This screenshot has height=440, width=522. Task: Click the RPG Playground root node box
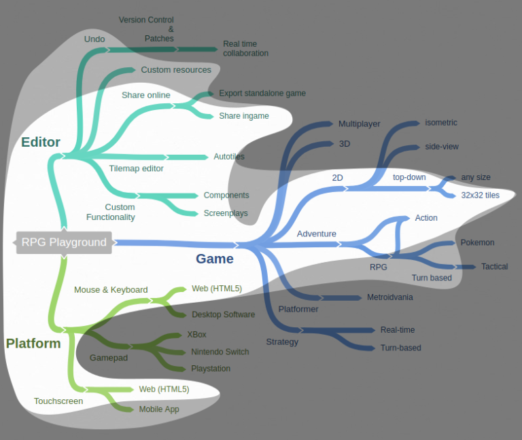click(64, 242)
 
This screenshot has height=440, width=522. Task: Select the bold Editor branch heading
click(41, 143)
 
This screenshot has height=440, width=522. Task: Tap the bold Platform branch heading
click(33, 344)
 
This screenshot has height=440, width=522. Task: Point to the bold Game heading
click(215, 259)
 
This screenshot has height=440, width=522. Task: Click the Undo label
click(94, 39)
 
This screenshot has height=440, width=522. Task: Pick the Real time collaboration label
click(245, 49)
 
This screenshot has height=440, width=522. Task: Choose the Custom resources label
click(176, 70)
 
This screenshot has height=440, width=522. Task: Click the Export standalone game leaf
click(262, 93)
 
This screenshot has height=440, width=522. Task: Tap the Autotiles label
click(229, 157)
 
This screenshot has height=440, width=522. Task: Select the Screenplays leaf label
click(226, 213)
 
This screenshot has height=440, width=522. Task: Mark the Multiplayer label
click(360, 124)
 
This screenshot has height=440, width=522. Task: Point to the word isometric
click(441, 123)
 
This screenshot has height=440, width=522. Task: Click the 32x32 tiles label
click(481, 196)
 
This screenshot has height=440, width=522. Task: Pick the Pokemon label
click(477, 242)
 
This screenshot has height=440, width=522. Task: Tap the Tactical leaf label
click(494, 267)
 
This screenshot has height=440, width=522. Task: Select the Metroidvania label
click(390, 297)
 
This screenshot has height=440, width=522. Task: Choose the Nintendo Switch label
click(220, 352)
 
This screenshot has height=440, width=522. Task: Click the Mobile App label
click(159, 409)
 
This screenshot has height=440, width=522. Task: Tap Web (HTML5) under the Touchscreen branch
click(164, 389)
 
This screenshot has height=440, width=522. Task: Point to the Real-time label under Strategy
click(398, 330)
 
